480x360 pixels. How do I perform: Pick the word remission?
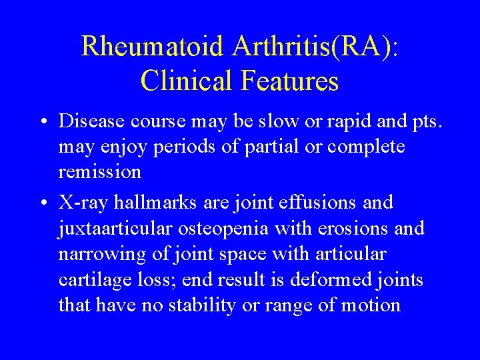99,172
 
